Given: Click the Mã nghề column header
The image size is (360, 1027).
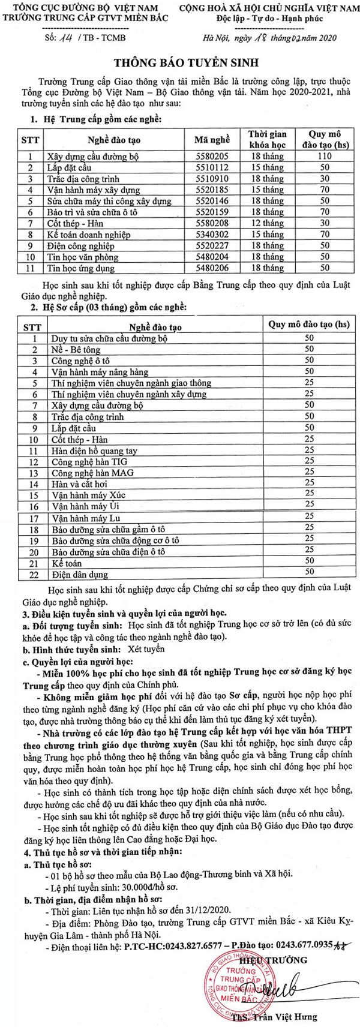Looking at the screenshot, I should (x=212, y=140).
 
